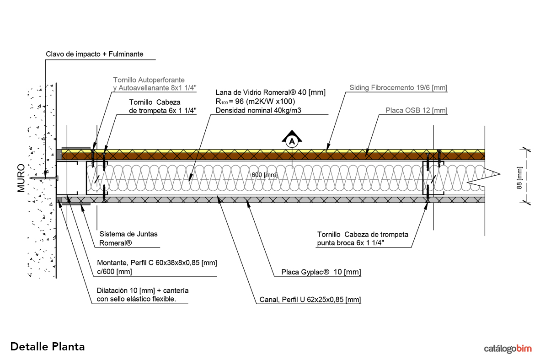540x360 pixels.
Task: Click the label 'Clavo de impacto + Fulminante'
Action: click(x=95, y=54)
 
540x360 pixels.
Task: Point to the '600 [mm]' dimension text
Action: click(x=265, y=175)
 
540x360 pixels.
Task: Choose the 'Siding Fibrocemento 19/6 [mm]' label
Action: click(x=398, y=87)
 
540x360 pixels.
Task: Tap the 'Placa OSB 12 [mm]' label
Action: click(x=416, y=110)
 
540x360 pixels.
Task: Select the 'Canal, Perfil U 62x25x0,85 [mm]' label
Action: click(x=307, y=300)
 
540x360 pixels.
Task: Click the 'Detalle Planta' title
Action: click(x=48, y=346)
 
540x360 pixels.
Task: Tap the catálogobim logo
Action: click(x=508, y=349)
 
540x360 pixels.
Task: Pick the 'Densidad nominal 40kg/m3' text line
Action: click(x=258, y=110)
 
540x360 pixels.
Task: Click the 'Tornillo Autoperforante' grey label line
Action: click(x=149, y=80)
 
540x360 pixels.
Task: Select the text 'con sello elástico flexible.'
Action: click(x=137, y=300)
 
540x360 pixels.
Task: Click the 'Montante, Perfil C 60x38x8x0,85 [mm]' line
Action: click(x=157, y=263)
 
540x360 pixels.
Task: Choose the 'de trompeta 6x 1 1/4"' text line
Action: click(x=163, y=110)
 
